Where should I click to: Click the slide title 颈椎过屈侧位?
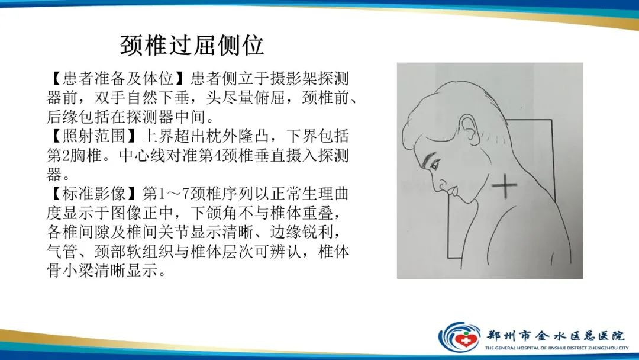click(192, 45)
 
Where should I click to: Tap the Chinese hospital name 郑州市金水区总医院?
click(555, 334)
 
